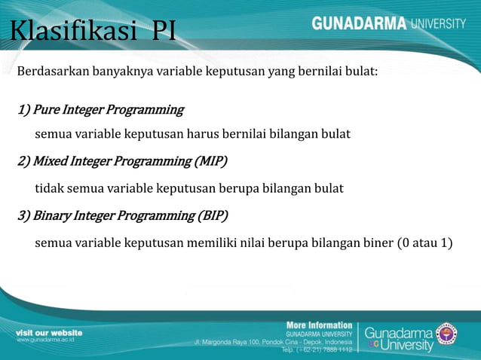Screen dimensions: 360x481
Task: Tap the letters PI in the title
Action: [164, 32]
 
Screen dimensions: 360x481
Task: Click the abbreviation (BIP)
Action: [212, 215]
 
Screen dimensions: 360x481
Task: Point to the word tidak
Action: [50, 188]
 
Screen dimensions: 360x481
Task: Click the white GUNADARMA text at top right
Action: [359, 23]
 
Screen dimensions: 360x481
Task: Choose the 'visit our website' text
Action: [49, 332]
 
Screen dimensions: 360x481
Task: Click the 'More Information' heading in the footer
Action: [319, 325]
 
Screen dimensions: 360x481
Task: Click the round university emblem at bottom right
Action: [446, 334]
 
